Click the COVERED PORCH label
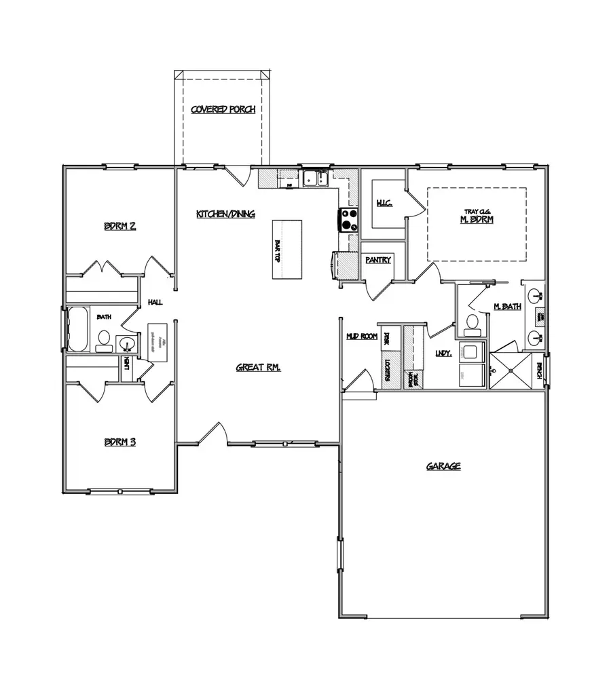pyautogui.click(x=223, y=109)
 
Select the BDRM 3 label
pyautogui.click(x=119, y=442)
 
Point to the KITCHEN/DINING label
pyautogui.click(x=225, y=214)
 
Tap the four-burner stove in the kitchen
pyautogui.click(x=349, y=221)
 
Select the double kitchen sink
pyautogui.click(x=316, y=179)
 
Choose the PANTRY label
pyautogui.click(x=377, y=259)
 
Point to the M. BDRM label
pyautogui.click(x=476, y=220)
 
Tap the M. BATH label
pyautogui.click(x=506, y=307)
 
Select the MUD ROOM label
pyautogui.click(x=361, y=336)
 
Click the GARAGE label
pyautogui.click(x=443, y=466)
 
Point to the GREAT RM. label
pyautogui.click(x=258, y=367)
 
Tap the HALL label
pyautogui.click(x=155, y=303)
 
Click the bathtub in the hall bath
pyautogui.click(x=78, y=329)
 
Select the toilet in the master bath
pyautogui.click(x=471, y=326)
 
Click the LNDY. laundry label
pyautogui.click(x=443, y=353)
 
